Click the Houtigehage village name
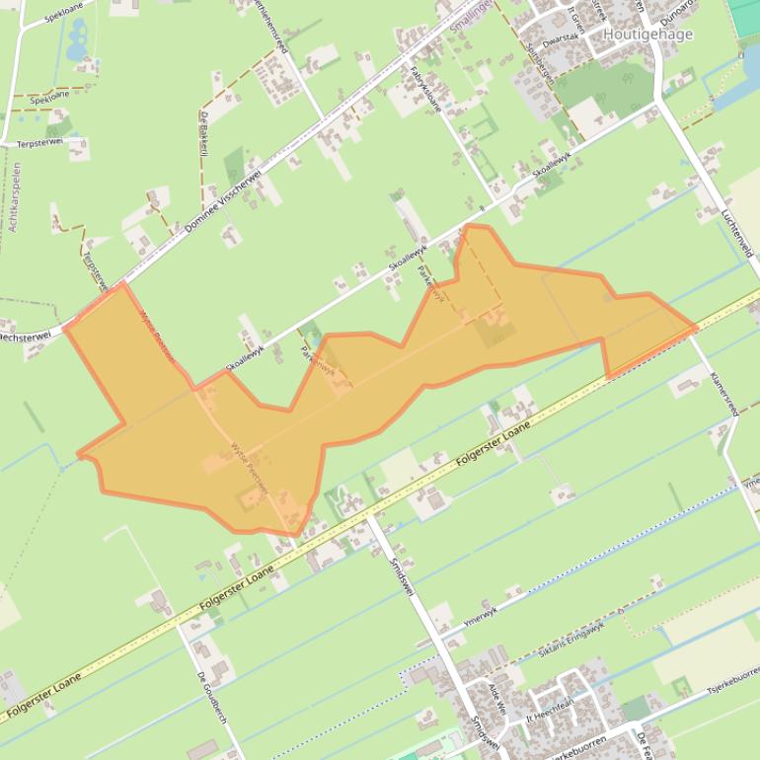click(647, 35)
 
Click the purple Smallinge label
click(468, 19)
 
